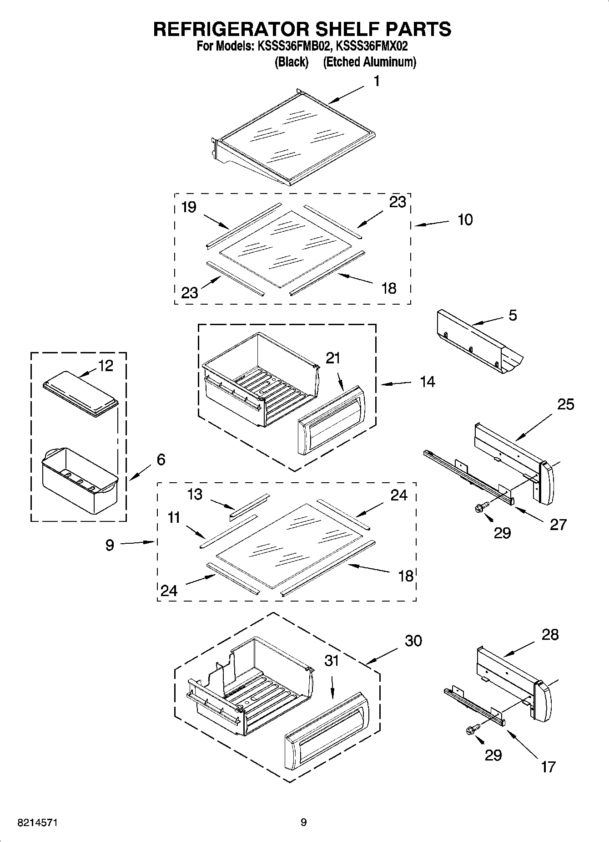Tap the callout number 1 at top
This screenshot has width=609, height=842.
pyautogui.click(x=377, y=82)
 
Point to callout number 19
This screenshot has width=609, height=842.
pyautogui.click(x=189, y=207)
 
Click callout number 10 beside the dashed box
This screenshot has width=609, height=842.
pyautogui.click(x=465, y=219)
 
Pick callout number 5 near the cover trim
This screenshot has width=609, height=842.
pyautogui.click(x=513, y=315)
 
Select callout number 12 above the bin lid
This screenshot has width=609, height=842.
pyautogui.click(x=106, y=366)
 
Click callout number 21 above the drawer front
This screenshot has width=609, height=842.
pyautogui.click(x=332, y=358)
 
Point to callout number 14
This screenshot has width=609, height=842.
pyautogui.click(x=427, y=382)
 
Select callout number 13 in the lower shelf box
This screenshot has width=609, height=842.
pyautogui.click(x=195, y=494)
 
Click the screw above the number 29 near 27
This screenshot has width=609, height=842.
pyautogui.click(x=482, y=507)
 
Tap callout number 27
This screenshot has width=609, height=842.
pyautogui.click(x=558, y=525)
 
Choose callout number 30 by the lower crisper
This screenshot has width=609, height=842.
pyautogui.click(x=413, y=641)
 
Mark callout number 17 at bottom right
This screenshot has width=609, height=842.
pyautogui.click(x=549, y=767)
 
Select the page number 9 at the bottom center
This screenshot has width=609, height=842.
pyautogui.click(x=303, y=822)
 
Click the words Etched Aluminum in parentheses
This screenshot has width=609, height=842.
pyautogui.click(x=369, y=62)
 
